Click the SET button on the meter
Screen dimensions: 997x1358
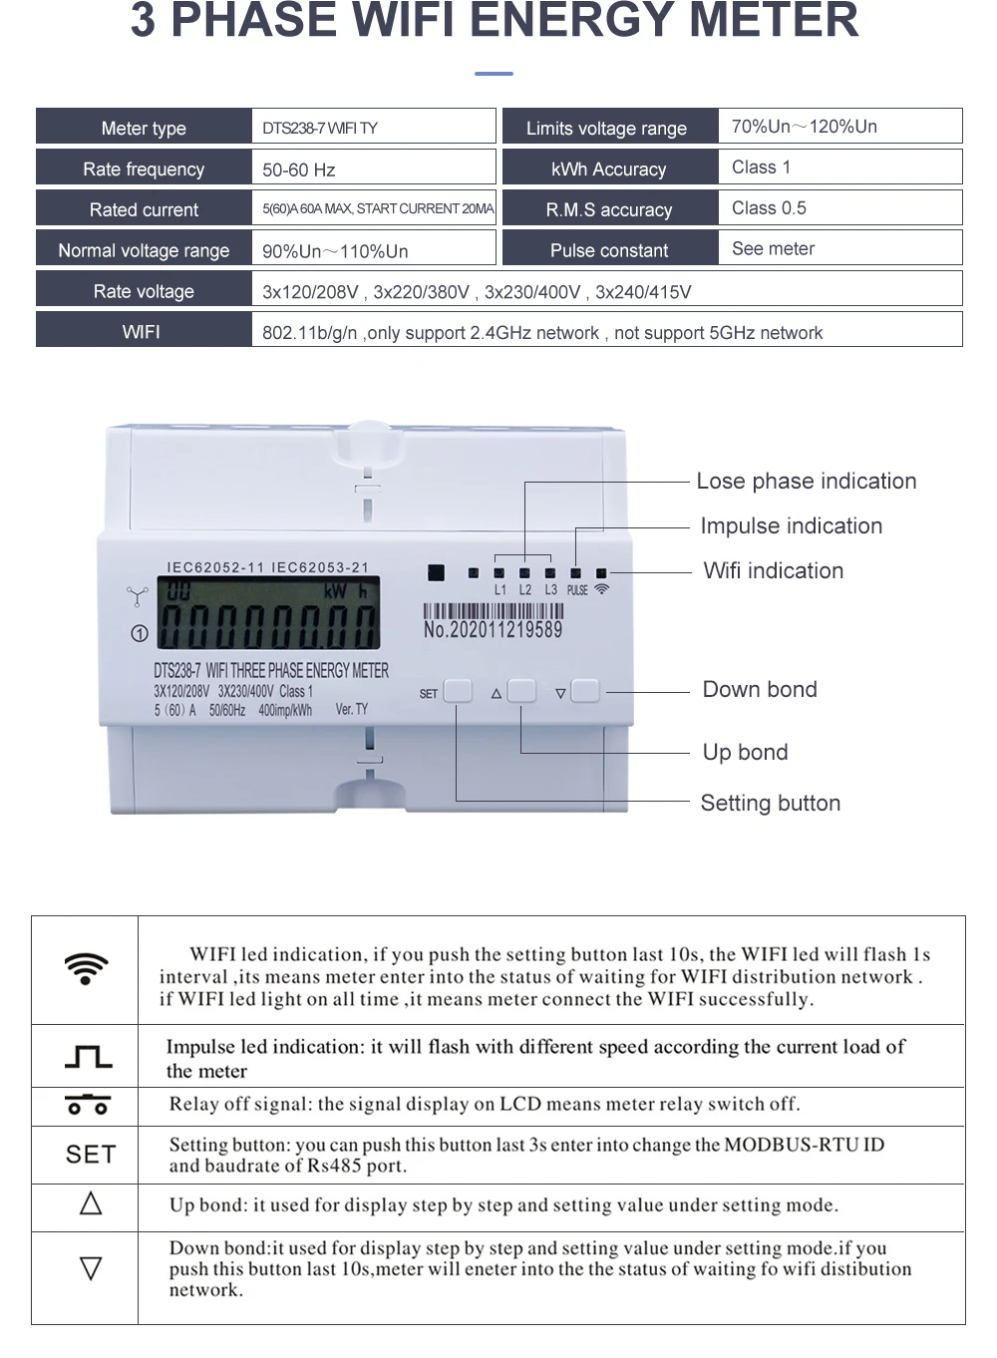458,691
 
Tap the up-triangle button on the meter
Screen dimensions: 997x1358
521,691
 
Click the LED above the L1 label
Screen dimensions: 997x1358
498,573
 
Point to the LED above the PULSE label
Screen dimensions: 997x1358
576,573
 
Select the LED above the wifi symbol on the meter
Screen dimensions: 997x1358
601,573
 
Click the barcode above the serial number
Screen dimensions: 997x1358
494,611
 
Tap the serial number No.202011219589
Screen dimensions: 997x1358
494,630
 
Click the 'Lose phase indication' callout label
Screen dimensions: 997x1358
807,481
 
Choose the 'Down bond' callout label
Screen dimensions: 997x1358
760,689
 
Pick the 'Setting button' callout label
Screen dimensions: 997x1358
771,803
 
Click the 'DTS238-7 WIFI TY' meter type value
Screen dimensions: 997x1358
319,129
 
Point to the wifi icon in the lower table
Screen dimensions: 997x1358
86,968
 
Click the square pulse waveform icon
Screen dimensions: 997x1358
89,1057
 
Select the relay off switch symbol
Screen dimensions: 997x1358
88,1105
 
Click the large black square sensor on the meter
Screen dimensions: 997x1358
436,573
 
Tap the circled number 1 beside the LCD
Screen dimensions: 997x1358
140,633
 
